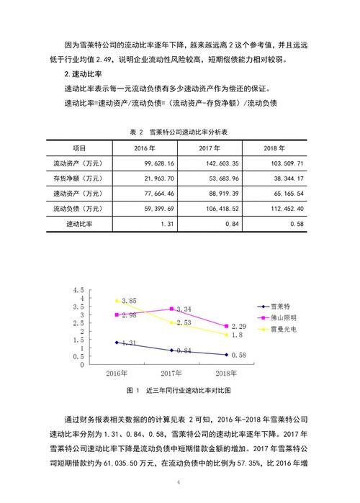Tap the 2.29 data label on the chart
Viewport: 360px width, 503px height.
(238, 327)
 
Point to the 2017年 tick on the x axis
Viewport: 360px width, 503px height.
(171, 373)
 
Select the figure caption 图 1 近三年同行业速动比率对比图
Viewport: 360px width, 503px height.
(179, 390)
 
